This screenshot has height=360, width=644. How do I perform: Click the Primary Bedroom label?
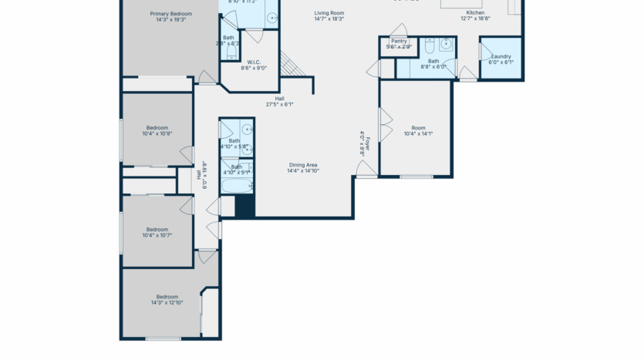pyautogui.click(x=171, y=14)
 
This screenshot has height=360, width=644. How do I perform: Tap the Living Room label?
pyautogui.click(x=329, y=13)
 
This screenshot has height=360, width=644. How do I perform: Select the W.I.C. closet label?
pyautogui.click(x=254, y=62)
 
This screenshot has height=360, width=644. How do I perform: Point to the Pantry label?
pyautogui.click(x=399, y=41)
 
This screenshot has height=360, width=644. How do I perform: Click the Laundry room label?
pyautogui.click(x=501, y=56)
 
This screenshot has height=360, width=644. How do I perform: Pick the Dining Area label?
pyautogui.click(x=303, y=164)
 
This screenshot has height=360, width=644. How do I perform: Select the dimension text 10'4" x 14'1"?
pyautogui.click(x=418, y=133)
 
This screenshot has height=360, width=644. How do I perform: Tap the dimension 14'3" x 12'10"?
pyautogui.click(x=168, y=302)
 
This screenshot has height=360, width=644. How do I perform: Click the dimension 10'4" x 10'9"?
pyautogui.click(x=157, y=133)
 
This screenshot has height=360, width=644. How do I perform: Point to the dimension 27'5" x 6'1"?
pyautogui.click(x=280, y=104)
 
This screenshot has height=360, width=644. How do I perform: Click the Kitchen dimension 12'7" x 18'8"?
pyautogui.click(x=475, y=19)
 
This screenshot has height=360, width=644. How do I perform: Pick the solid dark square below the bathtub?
pyautogui.click(x=244, y=207)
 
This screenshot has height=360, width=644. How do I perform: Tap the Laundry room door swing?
pyautogui.click(x=485, y=52)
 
